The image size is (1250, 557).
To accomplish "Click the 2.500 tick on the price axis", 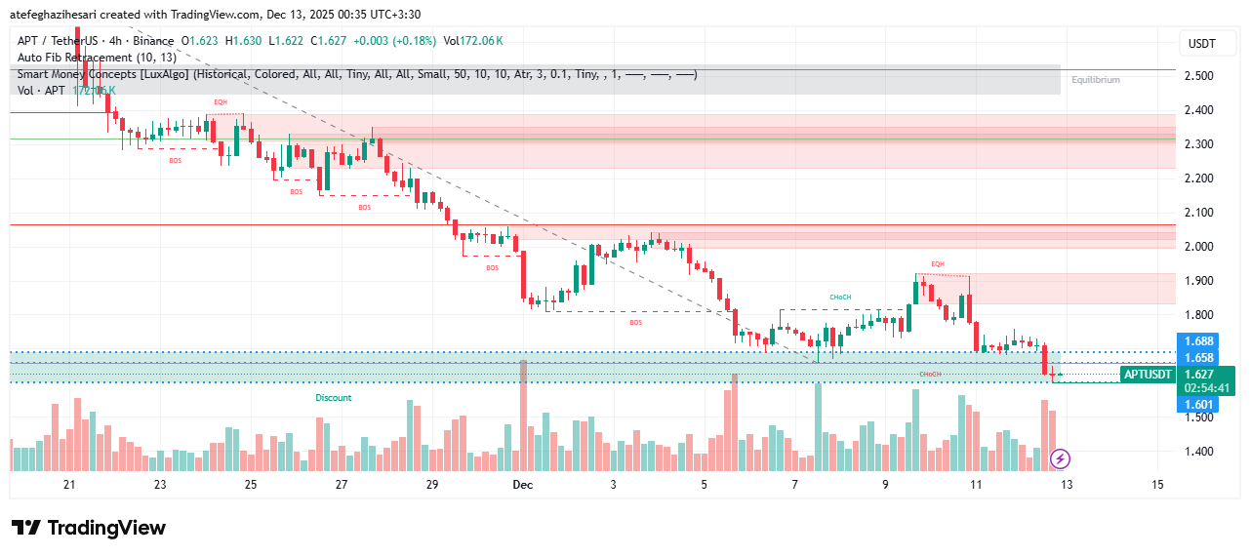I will pyautogui.click(x=1198, y=76).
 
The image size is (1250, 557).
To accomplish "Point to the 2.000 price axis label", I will pyautogui.click(x=1198, y=247).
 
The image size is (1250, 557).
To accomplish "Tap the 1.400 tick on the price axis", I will pyautogui.click(x=1198, y=452).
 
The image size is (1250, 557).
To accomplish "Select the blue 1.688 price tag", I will pyautogui.click(x=1197, y=341).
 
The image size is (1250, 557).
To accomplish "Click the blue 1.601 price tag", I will pyautogui.click(x=1197, y=405).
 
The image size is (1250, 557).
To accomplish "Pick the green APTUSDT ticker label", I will pyautogui.click(x=1148, y=375).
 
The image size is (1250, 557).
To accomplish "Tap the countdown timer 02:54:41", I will pyautogui.click(x=1206, y=388).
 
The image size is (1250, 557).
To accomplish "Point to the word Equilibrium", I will pyautogui.click(x=1095, y=80).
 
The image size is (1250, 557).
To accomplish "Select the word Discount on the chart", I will pyautogui.click(x=333, y=398).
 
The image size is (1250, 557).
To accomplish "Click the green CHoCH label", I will pyautogui.click(x=840, y=297).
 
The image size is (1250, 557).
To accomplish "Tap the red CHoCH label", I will pyautogui.click(x=930, y=375).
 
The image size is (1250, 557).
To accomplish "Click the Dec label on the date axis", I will pyautogui.click(x=522, y=485).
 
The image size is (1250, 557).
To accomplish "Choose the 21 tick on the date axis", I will pyautogui.click(x=69, y=485).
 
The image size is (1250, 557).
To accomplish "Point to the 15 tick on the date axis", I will pyautogui.click(x=1157, y=485).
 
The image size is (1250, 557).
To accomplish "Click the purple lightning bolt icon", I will pyautogui.click(x=1061, y=458).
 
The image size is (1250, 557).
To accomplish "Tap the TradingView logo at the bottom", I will pyautogui.click(x=89, y=528).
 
